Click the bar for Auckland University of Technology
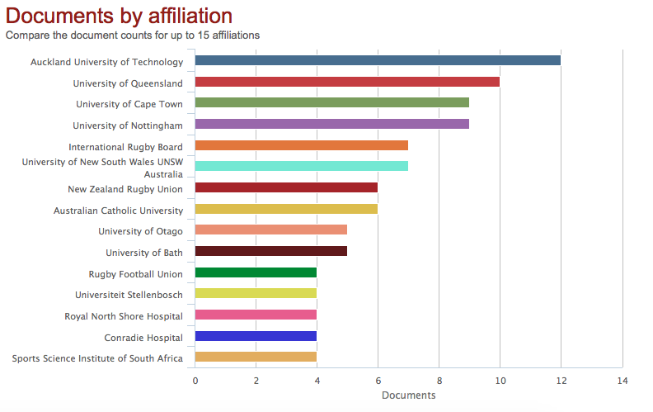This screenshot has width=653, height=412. click(x=378, y=60)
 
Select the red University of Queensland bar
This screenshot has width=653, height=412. click(x=347, y=82)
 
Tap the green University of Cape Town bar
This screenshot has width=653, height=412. click(x=332, y=102)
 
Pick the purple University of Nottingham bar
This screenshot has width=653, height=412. click(x=332, y=124)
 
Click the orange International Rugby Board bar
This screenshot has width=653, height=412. click(x=302, y=145)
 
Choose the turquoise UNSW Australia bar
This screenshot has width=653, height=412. click(x=302, y=167)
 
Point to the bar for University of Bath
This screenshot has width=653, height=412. click(x=271, y=251)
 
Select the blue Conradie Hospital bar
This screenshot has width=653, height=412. click(x=256, y=336)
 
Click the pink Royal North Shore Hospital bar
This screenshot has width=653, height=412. click(x=256, y=315)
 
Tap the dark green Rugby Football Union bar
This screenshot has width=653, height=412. click(x=256, y=272)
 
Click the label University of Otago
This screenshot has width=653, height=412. click(x=140, y=231)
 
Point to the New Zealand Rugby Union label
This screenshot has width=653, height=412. click(x=125, y=189)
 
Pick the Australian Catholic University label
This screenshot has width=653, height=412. click(x=118, y=211)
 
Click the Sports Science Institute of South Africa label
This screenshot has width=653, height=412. click(x=97, y=358)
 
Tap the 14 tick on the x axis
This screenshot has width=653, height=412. click(x=622, y=381)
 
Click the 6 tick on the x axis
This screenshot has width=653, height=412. click(x=378, y=381)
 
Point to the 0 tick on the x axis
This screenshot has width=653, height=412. click(x=195, y=381)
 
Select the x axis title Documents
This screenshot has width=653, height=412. click(x=408, y=395)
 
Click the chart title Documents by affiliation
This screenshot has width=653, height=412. click(x=119, y=16)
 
